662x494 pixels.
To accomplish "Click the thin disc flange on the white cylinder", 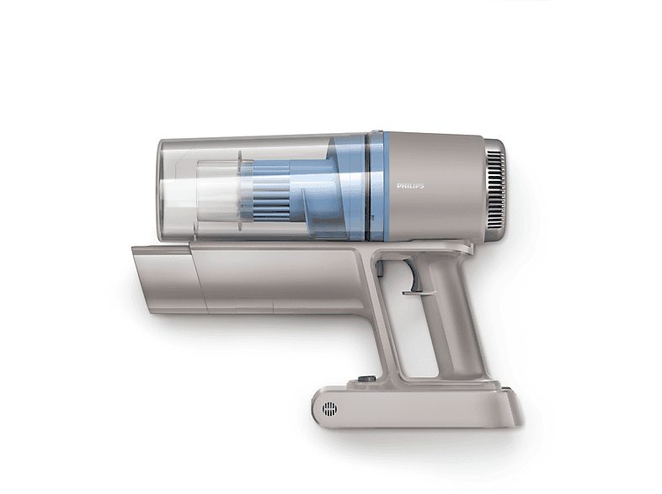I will click(x=239, y=189).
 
